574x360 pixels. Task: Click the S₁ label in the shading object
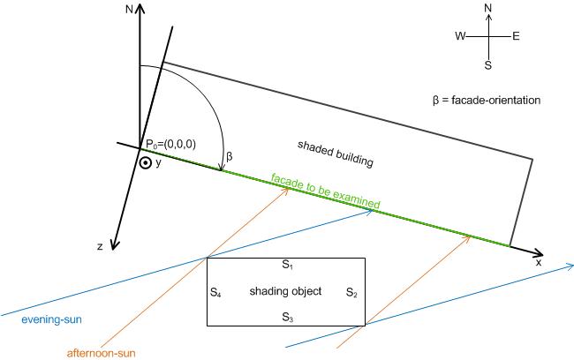point(287,265)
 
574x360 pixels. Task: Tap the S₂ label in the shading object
point(351,292)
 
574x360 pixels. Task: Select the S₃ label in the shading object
point(288,317)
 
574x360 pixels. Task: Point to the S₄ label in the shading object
point(215,292)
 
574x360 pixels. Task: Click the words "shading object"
point(285,291)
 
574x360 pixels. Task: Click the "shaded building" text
point(336,154)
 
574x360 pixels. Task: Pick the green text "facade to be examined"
point(326,191)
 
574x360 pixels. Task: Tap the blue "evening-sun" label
point(51,319)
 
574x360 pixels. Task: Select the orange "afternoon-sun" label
point(101,353)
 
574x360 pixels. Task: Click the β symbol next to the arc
point(230,157)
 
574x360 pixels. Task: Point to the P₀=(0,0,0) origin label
point(170,144)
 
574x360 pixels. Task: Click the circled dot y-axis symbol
point(146,163)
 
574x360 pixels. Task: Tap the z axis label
point(100,246)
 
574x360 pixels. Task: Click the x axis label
point(539,262)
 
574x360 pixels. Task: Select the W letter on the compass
point(460,36)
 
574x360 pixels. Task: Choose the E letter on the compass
point(516,36)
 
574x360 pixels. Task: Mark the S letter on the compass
point(488,65)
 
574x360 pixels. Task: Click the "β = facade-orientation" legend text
point(487,100)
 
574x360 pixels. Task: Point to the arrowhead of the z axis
point(114,249)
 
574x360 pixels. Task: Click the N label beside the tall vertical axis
point(129,9)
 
